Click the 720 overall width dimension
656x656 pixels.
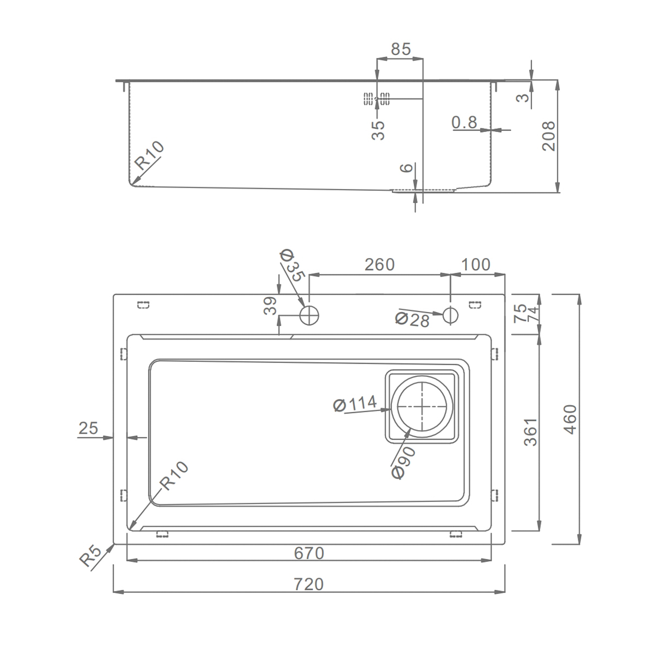308,584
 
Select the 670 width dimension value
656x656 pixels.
309,553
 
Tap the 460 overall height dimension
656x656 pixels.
570,419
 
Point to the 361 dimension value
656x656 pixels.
531,432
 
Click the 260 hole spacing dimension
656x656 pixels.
379,265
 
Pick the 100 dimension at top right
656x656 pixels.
476,265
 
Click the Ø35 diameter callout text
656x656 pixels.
291,266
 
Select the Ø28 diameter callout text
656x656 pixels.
412,320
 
